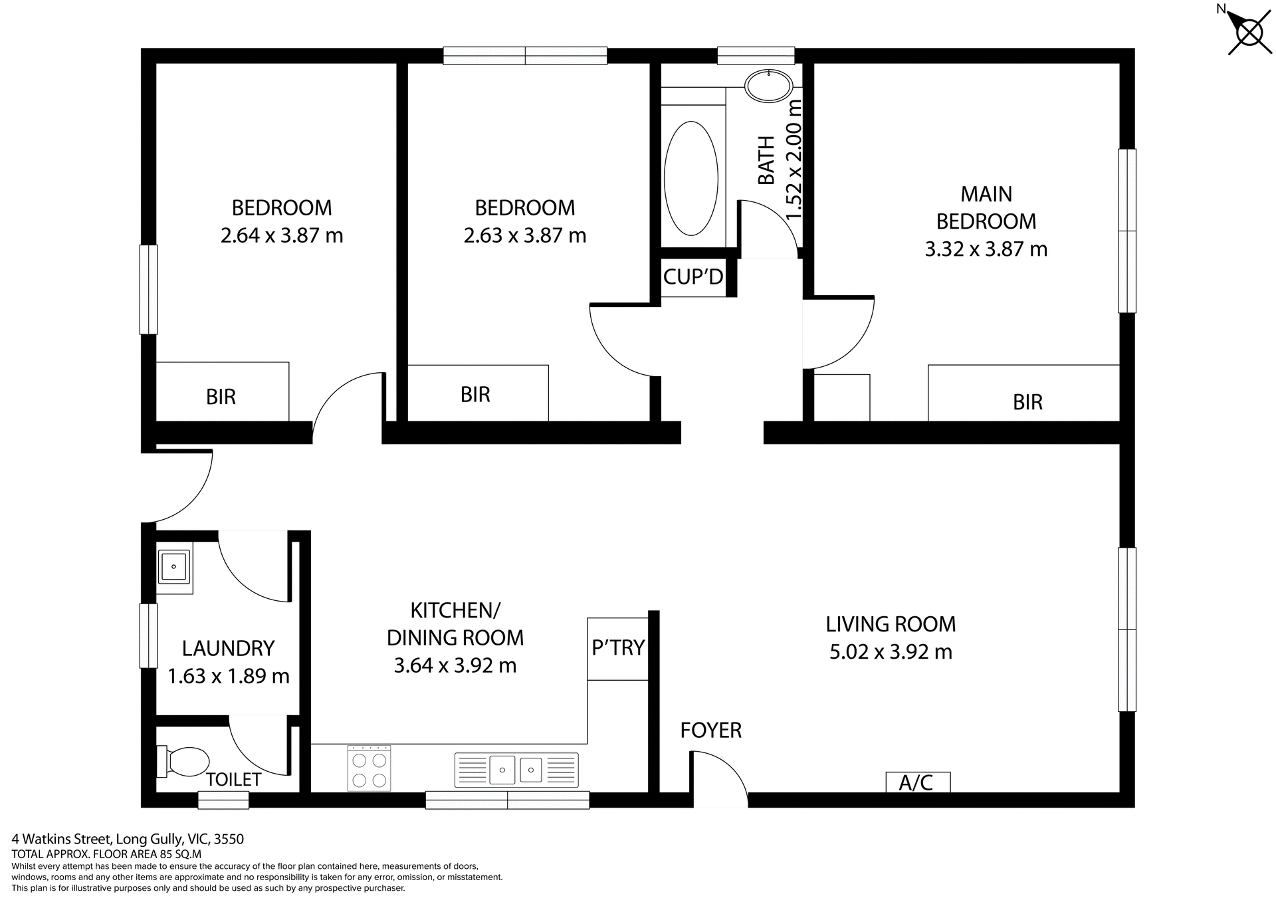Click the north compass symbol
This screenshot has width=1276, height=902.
point(1248,32)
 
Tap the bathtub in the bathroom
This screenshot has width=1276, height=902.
point(691,178)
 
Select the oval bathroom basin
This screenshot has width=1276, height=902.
point(769,86)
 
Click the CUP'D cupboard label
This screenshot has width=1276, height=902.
point(693,277)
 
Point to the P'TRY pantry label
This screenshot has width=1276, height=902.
point(618,647)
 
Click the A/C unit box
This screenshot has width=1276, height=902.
point(917,783)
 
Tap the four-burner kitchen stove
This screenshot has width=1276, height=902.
point(369,768)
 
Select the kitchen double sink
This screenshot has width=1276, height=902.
point(516,770)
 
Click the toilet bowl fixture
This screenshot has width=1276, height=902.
point(183,762)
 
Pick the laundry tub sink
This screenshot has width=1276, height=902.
point(174,567)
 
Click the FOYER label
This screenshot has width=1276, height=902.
point(710,731)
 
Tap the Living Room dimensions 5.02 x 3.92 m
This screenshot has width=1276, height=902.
point(891,652)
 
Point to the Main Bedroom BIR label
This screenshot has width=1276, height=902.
point(1027,402)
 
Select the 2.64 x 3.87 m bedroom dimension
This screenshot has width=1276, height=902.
point(282,236)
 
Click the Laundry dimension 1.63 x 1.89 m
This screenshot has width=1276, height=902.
point(228,677)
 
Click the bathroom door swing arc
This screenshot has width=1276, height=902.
point(771,226)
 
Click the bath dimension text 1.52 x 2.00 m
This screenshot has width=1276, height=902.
point(794,160)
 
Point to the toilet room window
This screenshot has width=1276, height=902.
point(223,800)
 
